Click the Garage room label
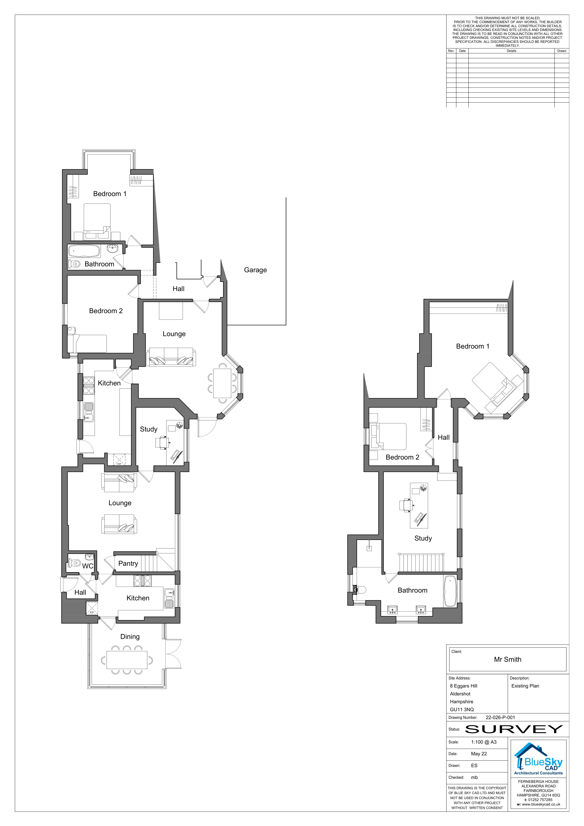(255, 270)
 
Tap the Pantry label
(128, 564)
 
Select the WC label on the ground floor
(88, 566)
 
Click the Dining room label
(130, 637)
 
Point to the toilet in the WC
(74, 562)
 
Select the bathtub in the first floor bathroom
(450, 591)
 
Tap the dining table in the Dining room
(127, 660)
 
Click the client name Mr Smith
(507, 660)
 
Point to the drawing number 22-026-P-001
(500, 717)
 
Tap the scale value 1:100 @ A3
(484, 742)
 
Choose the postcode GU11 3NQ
(462, 709)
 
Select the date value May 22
(479, 754)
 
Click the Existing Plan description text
(525, 686)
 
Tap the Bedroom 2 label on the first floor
(402, 457)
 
